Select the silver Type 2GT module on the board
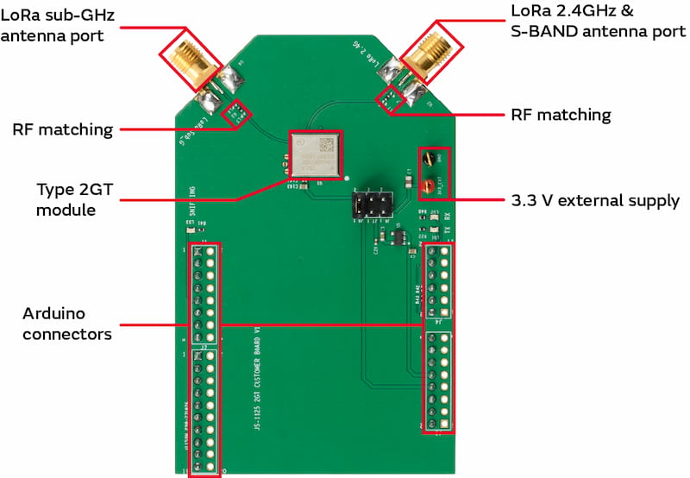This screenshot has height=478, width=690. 315,155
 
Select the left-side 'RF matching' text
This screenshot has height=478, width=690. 63,130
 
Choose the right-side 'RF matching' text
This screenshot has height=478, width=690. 561,115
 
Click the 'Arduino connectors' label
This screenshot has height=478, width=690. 67,323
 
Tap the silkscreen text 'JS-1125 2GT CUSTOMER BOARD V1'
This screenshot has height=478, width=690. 256,380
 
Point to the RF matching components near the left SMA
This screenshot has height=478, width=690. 235,111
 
